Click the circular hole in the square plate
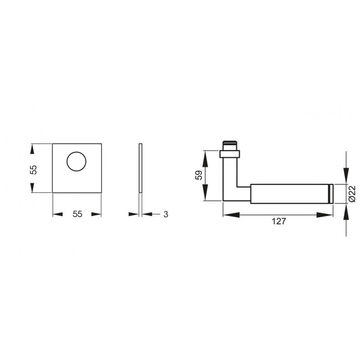[x=76, y=162]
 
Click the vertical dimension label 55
[x=33, y=169]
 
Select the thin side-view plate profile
[x=141, y=168]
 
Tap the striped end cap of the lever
[x=331, y=193]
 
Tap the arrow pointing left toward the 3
[x=147, y=214]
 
